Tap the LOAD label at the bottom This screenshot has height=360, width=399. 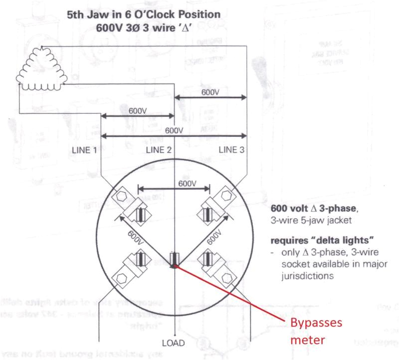click(174, 344)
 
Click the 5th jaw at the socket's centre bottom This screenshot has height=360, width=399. click(174, 260)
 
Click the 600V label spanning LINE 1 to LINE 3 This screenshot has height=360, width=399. click(174, 130)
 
